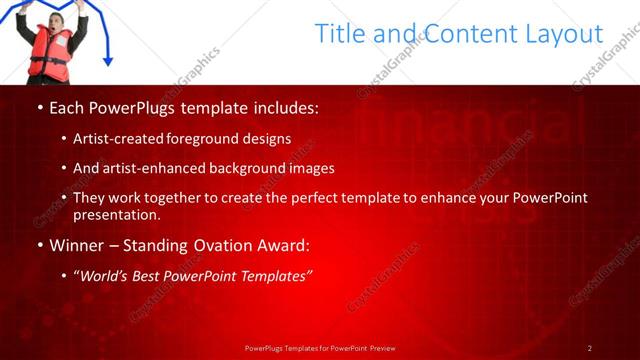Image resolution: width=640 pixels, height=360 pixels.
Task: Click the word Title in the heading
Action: click(x=341, y=34)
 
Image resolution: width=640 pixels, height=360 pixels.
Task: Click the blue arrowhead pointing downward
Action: click(x=108, y=61)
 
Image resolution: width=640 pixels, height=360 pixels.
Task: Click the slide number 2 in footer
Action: click(x=589, y=348)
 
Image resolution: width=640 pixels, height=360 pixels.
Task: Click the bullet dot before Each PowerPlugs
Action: click(x=39, y=107)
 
